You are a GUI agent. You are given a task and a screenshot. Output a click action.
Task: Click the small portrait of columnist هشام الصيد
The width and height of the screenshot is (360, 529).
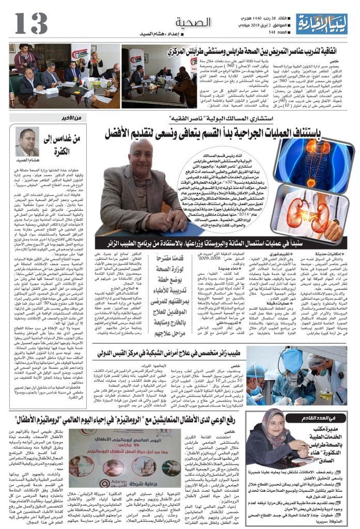27,142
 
